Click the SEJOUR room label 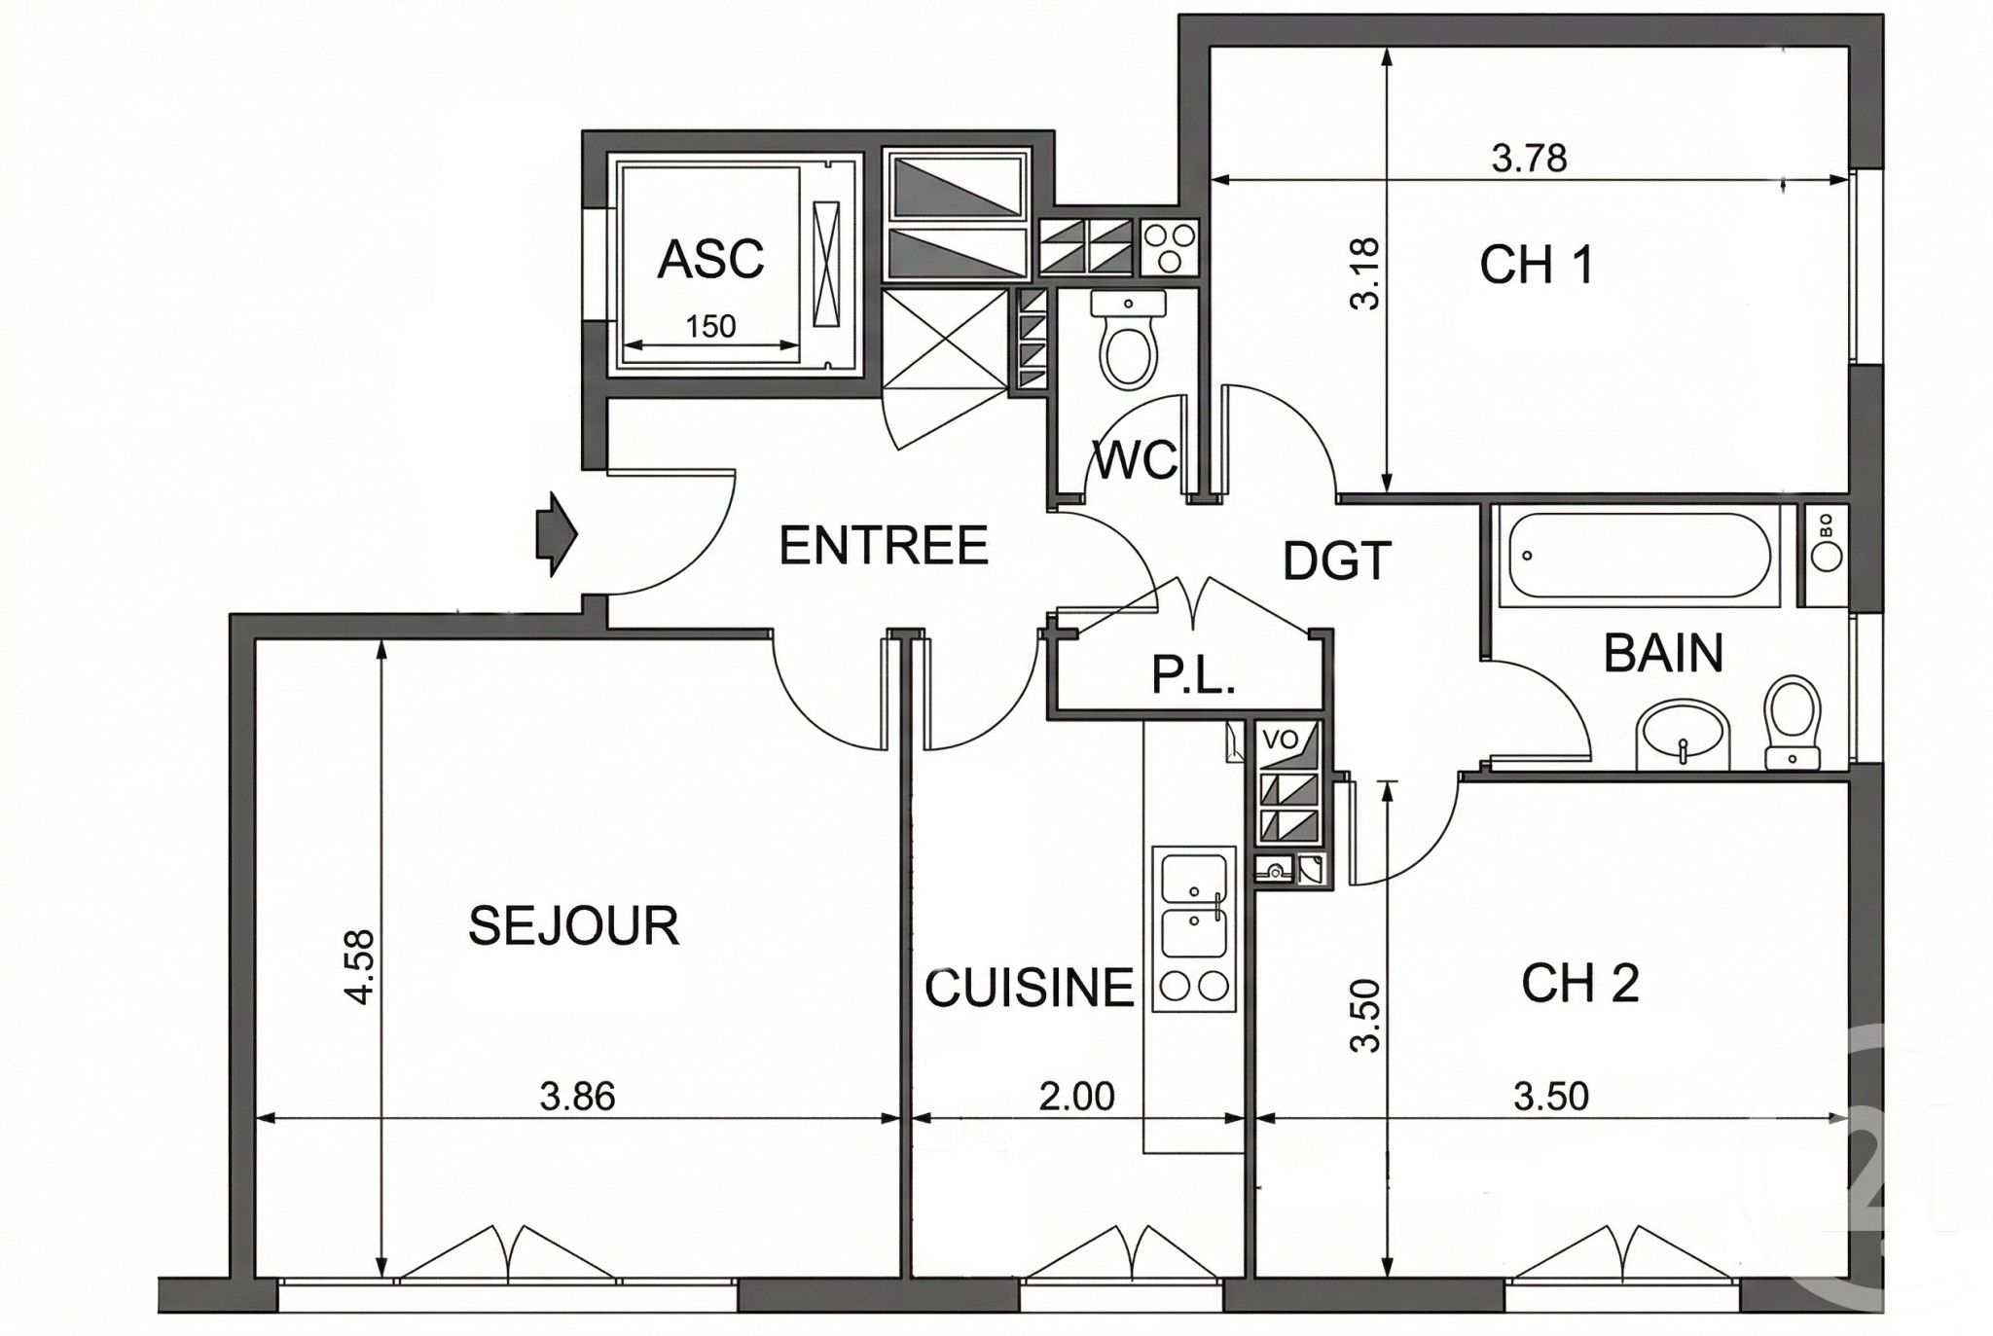[573, 925]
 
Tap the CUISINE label [1029, 988]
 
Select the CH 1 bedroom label [1537, 265]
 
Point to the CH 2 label [1579, 984]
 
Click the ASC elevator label [710, 260]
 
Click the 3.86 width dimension [578, 1097]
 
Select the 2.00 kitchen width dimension [1076, 1097]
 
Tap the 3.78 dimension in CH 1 [1530, 158]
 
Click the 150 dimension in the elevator [710, 326]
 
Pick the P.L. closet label [1193, 675]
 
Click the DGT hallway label [1337, 561]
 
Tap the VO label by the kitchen [1280, 739]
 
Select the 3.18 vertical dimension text [1365, 273]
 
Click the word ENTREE [884, 545]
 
